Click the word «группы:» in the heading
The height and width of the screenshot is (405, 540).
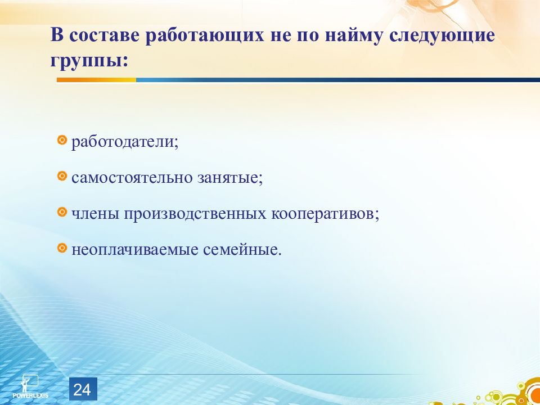[89, 61]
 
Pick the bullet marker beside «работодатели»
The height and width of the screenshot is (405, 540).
[62, 140]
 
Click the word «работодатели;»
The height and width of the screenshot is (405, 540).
[125, 142]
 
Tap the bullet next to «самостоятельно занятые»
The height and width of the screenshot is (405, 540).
[62, 176]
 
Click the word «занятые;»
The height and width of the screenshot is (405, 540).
[230, 179]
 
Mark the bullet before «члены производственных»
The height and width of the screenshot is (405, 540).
[62, 212]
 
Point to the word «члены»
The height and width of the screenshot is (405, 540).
[96, 215]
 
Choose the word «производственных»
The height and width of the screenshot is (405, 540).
[195, 215]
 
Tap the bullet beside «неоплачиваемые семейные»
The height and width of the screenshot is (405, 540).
[62, 247]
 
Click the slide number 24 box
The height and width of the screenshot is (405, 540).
[83, 389]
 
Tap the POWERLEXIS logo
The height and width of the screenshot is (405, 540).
[30, 387]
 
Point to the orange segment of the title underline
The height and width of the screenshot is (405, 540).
[96, 80]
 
